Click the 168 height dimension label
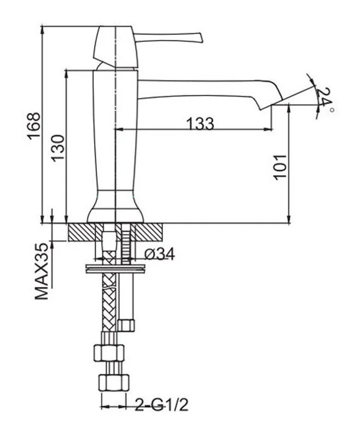coord(33,125)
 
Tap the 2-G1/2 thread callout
coord(162,406)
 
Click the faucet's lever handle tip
coord(199,38)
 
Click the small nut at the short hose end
coord(127,325)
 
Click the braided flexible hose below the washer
coord(108,307)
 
